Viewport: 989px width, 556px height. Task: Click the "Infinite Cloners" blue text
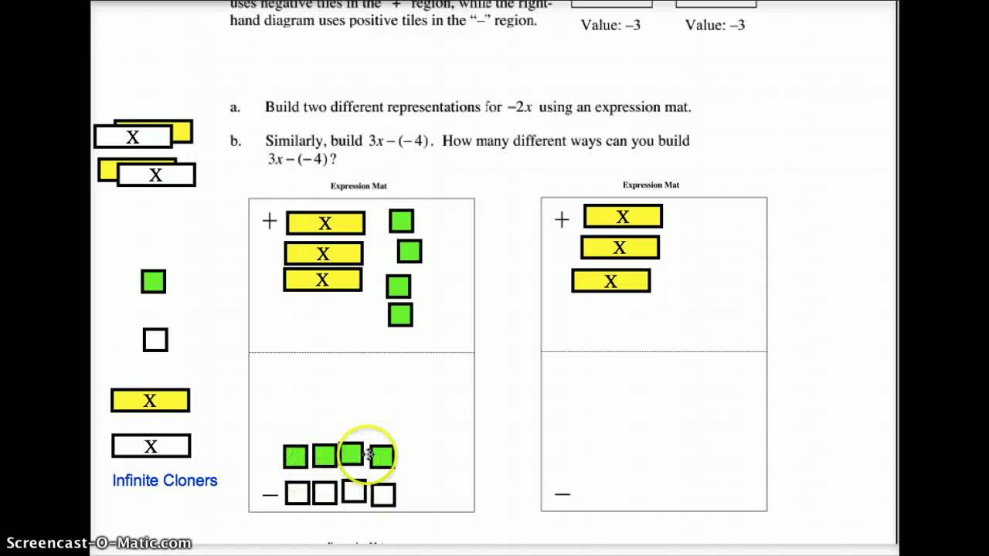tap(165, 480)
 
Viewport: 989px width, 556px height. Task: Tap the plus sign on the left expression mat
tap(269, 222)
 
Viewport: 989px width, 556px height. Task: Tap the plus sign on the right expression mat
tap(562, 220)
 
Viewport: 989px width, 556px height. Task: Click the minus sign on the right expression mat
tap(562, 493)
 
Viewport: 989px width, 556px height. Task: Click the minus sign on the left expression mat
tap(270, 493)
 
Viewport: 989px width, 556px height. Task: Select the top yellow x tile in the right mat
tap(623, 216)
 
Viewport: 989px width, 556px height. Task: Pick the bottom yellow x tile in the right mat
tap(610, 280)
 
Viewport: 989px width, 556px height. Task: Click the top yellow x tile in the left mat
tap(325, 223)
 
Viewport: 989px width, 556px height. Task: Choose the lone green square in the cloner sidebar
tap(153, 281)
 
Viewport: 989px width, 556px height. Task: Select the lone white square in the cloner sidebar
tap(155, 340)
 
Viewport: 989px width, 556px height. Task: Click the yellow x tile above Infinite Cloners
tap(150, 400)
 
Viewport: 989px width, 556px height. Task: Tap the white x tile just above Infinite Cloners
tap(151, 446)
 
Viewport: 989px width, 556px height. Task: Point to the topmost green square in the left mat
tap(401, 222)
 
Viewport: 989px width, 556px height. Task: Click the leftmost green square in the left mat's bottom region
tap(295, 456)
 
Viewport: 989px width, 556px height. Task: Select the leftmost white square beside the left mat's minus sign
tap(297, 493)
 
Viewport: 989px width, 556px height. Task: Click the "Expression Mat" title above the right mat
tap(651, 185)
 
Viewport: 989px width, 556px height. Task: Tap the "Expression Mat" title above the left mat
tap(359, 185)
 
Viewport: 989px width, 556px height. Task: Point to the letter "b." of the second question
tap(236, 141)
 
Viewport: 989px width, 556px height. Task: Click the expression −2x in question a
tap(519, 107)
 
